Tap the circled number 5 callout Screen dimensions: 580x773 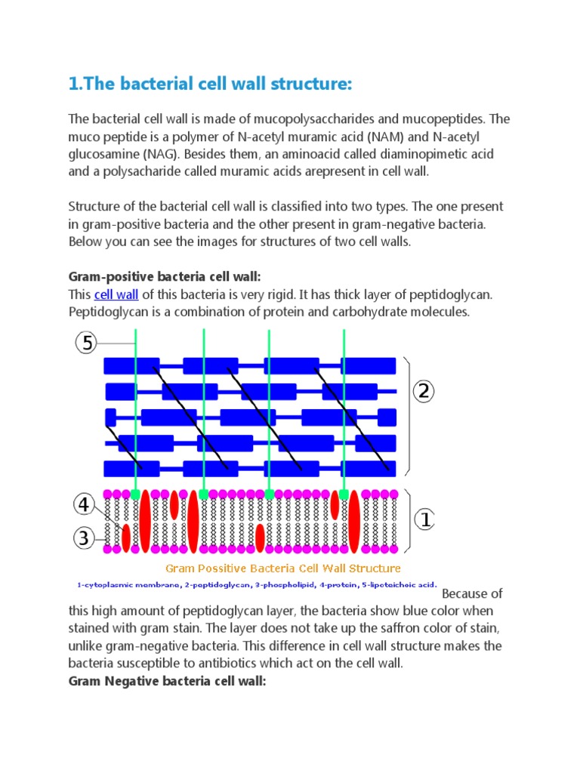point(87,343)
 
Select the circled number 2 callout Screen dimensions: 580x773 point(424,391)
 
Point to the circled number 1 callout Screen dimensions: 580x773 point(424,519)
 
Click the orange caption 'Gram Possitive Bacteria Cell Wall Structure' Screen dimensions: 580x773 point(282,568)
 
